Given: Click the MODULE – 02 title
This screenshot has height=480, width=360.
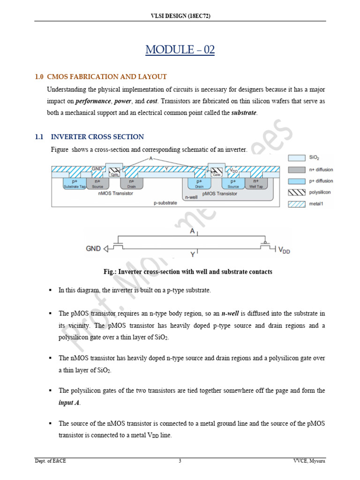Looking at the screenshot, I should [x=180, y=50].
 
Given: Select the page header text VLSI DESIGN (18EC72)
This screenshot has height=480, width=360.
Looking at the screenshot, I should [x=180, y=16].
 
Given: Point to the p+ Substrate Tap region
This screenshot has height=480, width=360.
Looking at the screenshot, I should [x=75, y=183].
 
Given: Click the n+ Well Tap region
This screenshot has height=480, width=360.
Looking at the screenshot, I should [x=255, y=183].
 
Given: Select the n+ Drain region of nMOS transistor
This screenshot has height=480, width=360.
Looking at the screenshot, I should [x=131, y=183].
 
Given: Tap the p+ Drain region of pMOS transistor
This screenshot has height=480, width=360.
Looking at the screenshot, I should [x=199, y=183].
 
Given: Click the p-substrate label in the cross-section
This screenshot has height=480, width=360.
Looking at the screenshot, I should [x=165, y=203].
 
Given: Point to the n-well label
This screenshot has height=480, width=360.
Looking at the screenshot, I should [x=191, y=198].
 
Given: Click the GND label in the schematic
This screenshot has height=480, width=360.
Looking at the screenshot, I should [x=93, y=248].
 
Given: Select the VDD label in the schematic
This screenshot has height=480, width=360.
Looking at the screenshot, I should [x=284, y=250].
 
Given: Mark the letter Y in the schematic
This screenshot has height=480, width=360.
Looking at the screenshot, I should [x=193, y=255].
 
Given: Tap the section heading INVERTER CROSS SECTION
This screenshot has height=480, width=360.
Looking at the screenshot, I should [x=97, y=137].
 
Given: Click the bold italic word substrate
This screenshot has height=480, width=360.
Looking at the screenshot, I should [x=244, y=113].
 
